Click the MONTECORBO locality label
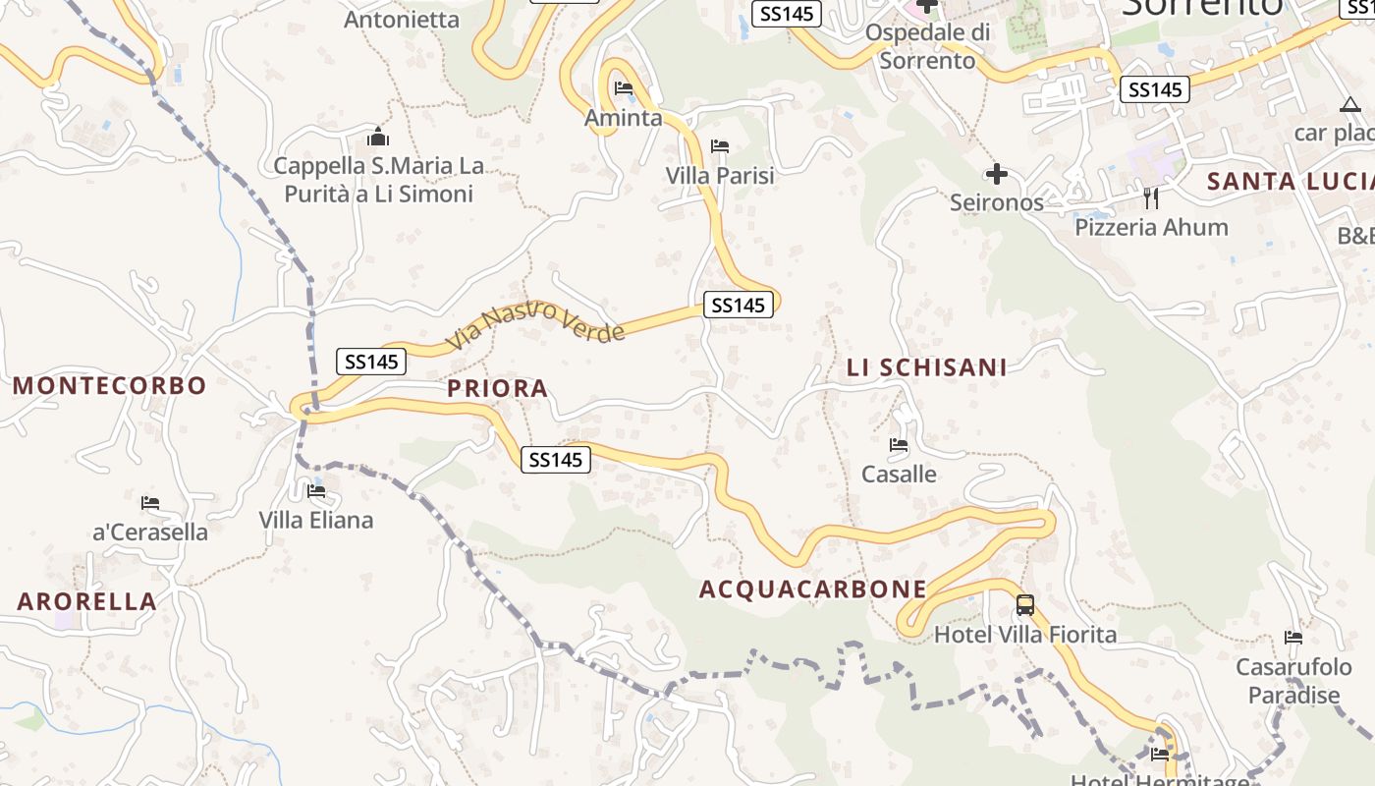click(110, 385)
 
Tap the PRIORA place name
click(498, 388)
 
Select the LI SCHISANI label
click(927, 367)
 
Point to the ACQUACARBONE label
click(813, 589)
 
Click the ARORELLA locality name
click(87, 601)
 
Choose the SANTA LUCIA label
click(1290, 181)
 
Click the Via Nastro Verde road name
click(536, 323)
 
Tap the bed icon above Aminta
click(624, 88)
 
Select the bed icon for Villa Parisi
click(720, 146)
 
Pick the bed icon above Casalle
click(899, 445)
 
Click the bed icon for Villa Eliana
click(316, 490)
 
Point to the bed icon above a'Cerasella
click(150, 503)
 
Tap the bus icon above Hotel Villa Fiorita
click(1025, 604)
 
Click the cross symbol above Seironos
click(997, 175)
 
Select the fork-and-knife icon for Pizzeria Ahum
click(1151, 198)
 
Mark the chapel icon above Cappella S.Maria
click(378, 138)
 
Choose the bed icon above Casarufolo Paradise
click(1293, 638)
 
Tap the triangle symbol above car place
click(1350, 105)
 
